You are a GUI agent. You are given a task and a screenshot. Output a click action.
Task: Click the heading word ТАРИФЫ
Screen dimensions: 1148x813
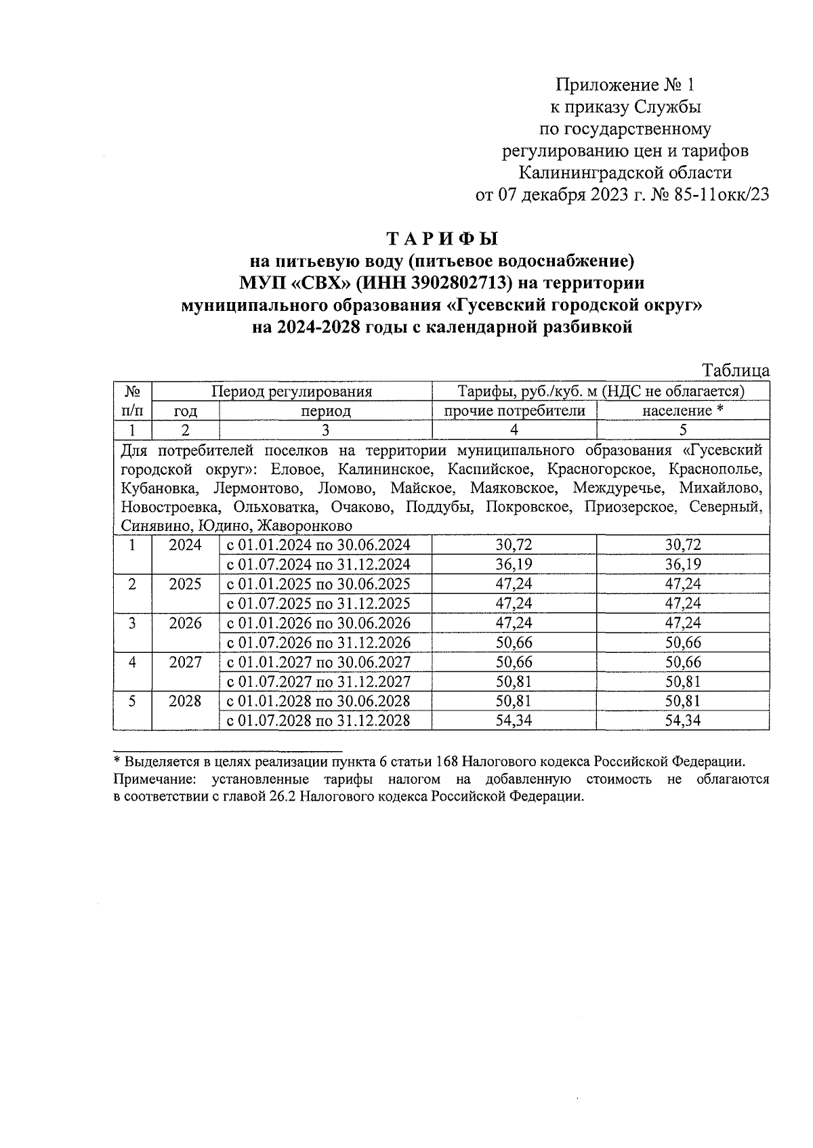coord(442,239)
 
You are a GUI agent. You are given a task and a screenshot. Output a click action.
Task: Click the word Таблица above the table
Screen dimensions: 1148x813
coord(736,370)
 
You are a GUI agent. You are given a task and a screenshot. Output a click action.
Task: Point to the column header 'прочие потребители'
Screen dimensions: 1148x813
coord(514,410)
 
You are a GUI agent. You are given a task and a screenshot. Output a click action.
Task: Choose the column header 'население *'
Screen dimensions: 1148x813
coord(682,410)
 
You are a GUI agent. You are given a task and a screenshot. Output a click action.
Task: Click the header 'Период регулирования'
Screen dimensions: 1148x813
coord(291,391)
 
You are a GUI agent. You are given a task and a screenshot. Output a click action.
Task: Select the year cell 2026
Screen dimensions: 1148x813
coord(185,622)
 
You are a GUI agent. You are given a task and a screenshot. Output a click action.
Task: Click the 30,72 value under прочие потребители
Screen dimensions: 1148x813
coord(514,545)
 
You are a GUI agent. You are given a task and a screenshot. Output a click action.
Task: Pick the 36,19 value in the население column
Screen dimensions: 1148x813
coord(682,564)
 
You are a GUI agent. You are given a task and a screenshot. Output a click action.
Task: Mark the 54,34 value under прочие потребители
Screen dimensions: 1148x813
coord(514,721)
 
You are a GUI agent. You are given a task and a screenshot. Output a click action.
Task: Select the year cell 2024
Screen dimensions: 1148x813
coord(185,545)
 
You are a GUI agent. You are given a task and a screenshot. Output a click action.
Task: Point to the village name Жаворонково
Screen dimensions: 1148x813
coord(304,526)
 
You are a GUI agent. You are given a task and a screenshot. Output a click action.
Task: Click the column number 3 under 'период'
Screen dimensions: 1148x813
coord(325,430)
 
